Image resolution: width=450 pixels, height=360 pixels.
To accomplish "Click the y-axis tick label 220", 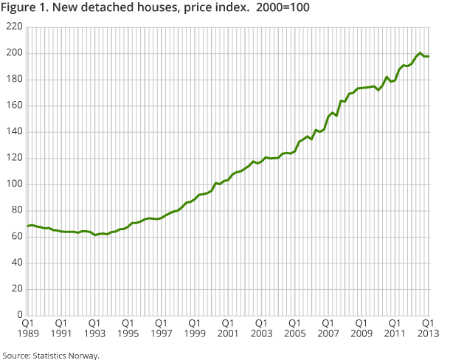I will click(x=14, y=27).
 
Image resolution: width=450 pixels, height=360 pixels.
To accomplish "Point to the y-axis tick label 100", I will click(x=14, y=184).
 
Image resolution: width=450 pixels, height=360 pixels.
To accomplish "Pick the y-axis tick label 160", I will click(x=14, y=105).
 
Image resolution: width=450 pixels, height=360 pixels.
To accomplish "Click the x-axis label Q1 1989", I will click(x=28, y=328).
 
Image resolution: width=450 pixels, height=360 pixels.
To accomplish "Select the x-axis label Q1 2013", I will click(x=427, y=328).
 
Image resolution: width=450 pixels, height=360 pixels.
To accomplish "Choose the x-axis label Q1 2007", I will click(x=327, y=328).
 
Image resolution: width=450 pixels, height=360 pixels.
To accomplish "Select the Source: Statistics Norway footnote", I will click(x=50, y=354).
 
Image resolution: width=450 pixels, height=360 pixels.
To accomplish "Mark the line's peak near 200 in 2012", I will click(x=420, y=53).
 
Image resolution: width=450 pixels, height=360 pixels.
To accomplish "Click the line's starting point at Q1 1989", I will click(x=28, y=226).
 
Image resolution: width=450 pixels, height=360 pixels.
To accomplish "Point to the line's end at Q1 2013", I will click(x=429, y=57).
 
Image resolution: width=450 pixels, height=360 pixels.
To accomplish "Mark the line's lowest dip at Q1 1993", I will click(x=94, y=235).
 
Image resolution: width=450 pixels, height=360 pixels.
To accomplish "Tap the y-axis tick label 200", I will click(x=14, y=53).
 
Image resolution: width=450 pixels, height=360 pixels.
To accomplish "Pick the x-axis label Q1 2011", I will click(x=394, y=328).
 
